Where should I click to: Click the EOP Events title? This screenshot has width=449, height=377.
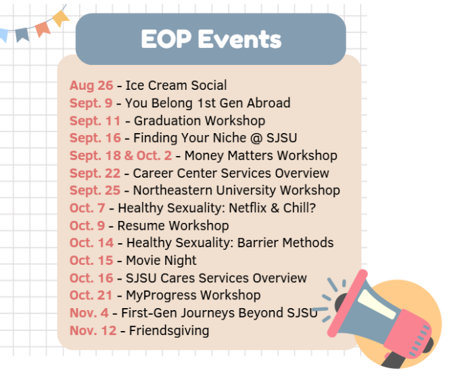(210, 39)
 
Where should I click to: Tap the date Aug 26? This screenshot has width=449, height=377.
(91, 86)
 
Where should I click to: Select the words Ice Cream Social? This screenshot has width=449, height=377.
(176, 86)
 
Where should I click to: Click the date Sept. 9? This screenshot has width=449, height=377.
(91, 103)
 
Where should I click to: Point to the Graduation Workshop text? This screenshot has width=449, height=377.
(199, 121)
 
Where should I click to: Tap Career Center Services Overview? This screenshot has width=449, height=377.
(231, 174)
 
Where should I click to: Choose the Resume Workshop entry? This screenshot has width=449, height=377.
(173, 226)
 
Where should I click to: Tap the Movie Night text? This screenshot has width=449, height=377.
(161, 261)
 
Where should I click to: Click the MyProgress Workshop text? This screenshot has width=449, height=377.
(193, 296)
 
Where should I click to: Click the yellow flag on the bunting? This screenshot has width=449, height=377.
(60, 16)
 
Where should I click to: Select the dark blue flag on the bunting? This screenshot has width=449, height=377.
(22, 33)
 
